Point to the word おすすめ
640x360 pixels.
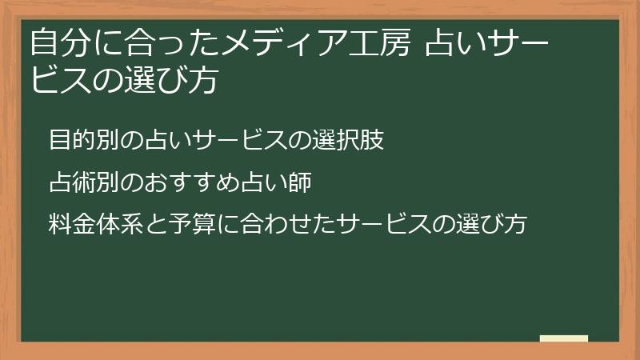pyautogui.click(x=190, y=183)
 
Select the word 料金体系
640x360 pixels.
pyautogui.click(x=95, y=224)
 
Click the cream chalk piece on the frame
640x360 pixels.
pyautogui.click(x=564, y=338)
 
